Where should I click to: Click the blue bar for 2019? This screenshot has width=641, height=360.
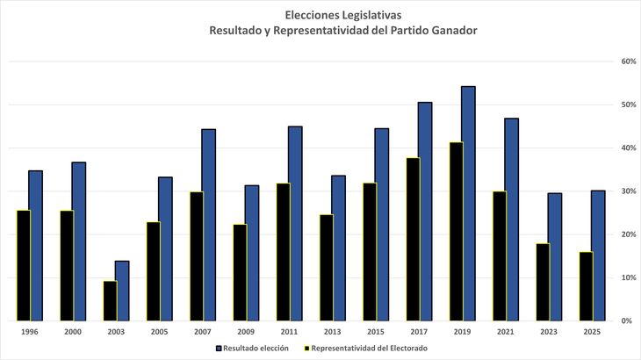(x=468, y=203)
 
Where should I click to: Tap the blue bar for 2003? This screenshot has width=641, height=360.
(x=123, y=291)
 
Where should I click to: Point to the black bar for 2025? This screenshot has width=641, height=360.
(x=585, y=286)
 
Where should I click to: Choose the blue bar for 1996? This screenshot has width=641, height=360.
(x=36, y=245)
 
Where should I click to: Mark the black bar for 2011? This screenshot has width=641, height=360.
(x=282, y=252)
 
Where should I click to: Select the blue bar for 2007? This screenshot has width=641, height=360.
(x=209, y=225)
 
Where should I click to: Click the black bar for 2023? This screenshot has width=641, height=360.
(x=542, y=282)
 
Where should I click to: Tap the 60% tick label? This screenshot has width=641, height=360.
(x=628, y=61)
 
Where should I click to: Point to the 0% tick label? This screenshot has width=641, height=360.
(x=628, y=321)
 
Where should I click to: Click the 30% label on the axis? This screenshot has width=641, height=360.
(x=628, y=191)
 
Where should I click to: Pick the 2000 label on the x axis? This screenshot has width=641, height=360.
(x=73, y=333)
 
